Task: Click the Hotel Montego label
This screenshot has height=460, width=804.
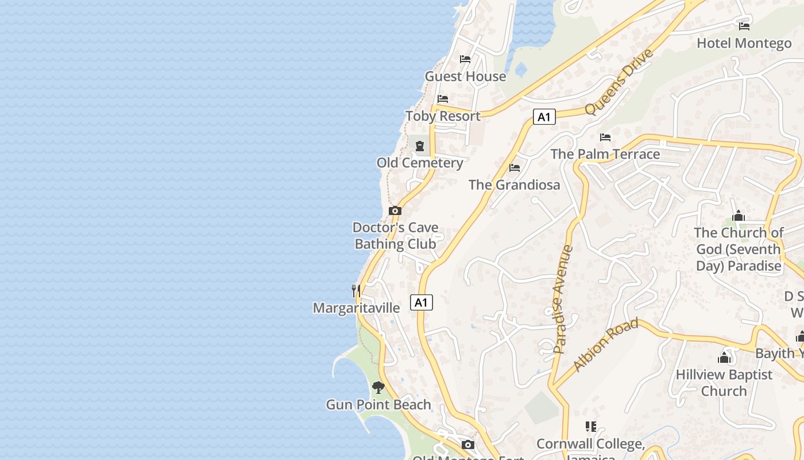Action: [x=744, y=43]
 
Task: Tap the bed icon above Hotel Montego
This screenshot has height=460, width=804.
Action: [x=744, y=26]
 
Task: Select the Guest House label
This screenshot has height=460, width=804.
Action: [x=465, y=76]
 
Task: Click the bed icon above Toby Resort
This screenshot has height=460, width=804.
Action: [x=442, y=99]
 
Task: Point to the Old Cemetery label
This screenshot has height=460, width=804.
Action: [x=420, y=163]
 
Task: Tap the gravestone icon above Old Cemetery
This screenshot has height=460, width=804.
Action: [x=420, y=145]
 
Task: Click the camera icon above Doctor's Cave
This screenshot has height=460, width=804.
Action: [x=395, y=210]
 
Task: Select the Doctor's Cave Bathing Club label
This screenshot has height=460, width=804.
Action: [x=395, y=236]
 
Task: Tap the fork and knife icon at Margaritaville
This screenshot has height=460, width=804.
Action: [x=356, y=290]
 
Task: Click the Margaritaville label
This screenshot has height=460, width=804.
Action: [x=356, y=308]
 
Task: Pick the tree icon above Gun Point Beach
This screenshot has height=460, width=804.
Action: [x=378, y=387]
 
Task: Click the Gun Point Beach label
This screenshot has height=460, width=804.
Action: [x=378, y=405]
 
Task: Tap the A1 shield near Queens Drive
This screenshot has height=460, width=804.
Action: [x=544, y=117]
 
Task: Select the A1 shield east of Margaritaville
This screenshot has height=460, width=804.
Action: [x=422, y=302]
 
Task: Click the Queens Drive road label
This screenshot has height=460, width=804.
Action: [x=619, y=82]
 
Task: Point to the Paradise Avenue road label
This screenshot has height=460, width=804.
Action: [x=563, y=299]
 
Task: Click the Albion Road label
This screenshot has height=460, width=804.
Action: [x=606, y=344]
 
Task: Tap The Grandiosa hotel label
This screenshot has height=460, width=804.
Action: [x=514, y=185]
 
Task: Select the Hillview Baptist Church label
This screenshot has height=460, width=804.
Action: [x=724, y=382]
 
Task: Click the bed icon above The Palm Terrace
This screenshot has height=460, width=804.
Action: [x=605, y=137]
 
